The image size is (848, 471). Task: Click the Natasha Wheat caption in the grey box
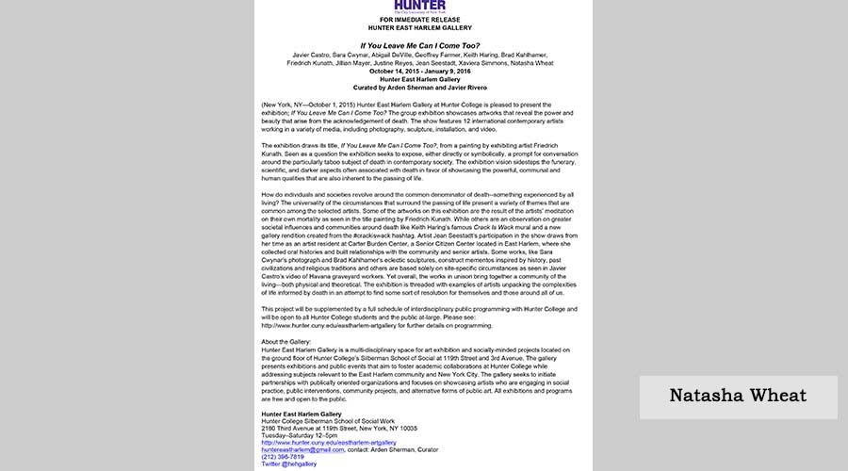pos(738,395)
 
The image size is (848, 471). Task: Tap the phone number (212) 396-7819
pos(283,457)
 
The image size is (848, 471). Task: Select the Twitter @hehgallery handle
pos(289,464)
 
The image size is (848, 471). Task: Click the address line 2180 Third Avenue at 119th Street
pos(339,427)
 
